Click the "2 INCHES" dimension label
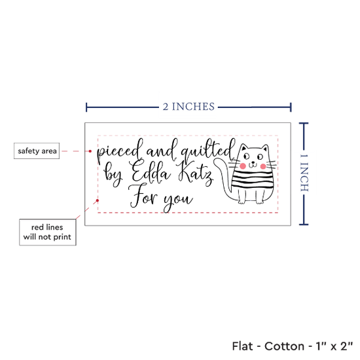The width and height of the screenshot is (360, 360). coord(189,107)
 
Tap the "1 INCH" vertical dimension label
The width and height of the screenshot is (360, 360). coord(304,172)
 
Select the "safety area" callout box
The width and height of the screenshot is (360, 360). coord(37,151)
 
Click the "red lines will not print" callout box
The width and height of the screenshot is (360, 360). coord(48,232)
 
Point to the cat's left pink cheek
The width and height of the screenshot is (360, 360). coord(242,166)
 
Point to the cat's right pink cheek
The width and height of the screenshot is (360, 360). coord(263,166)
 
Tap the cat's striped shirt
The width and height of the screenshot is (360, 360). coord(253,181)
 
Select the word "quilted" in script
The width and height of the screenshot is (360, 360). coord(208,149)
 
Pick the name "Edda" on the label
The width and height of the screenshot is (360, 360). coord(151,171)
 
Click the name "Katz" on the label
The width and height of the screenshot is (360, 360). coord(195,174)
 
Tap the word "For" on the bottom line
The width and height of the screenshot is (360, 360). coord(143,196)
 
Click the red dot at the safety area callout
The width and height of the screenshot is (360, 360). coord(90,151)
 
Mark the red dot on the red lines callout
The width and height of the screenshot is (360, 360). coord(98,200)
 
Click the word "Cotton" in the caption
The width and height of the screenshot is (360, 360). coord(284,346)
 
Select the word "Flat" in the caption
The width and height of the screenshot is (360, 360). coord(242,346)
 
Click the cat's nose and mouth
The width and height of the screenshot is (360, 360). coord(253,164)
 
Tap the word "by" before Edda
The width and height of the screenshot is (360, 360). coord(113,175)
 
